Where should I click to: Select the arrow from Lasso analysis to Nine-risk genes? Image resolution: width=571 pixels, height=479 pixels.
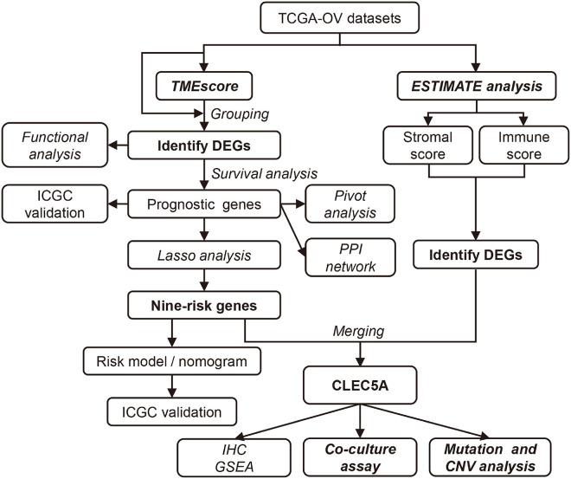[x=205, y=282]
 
